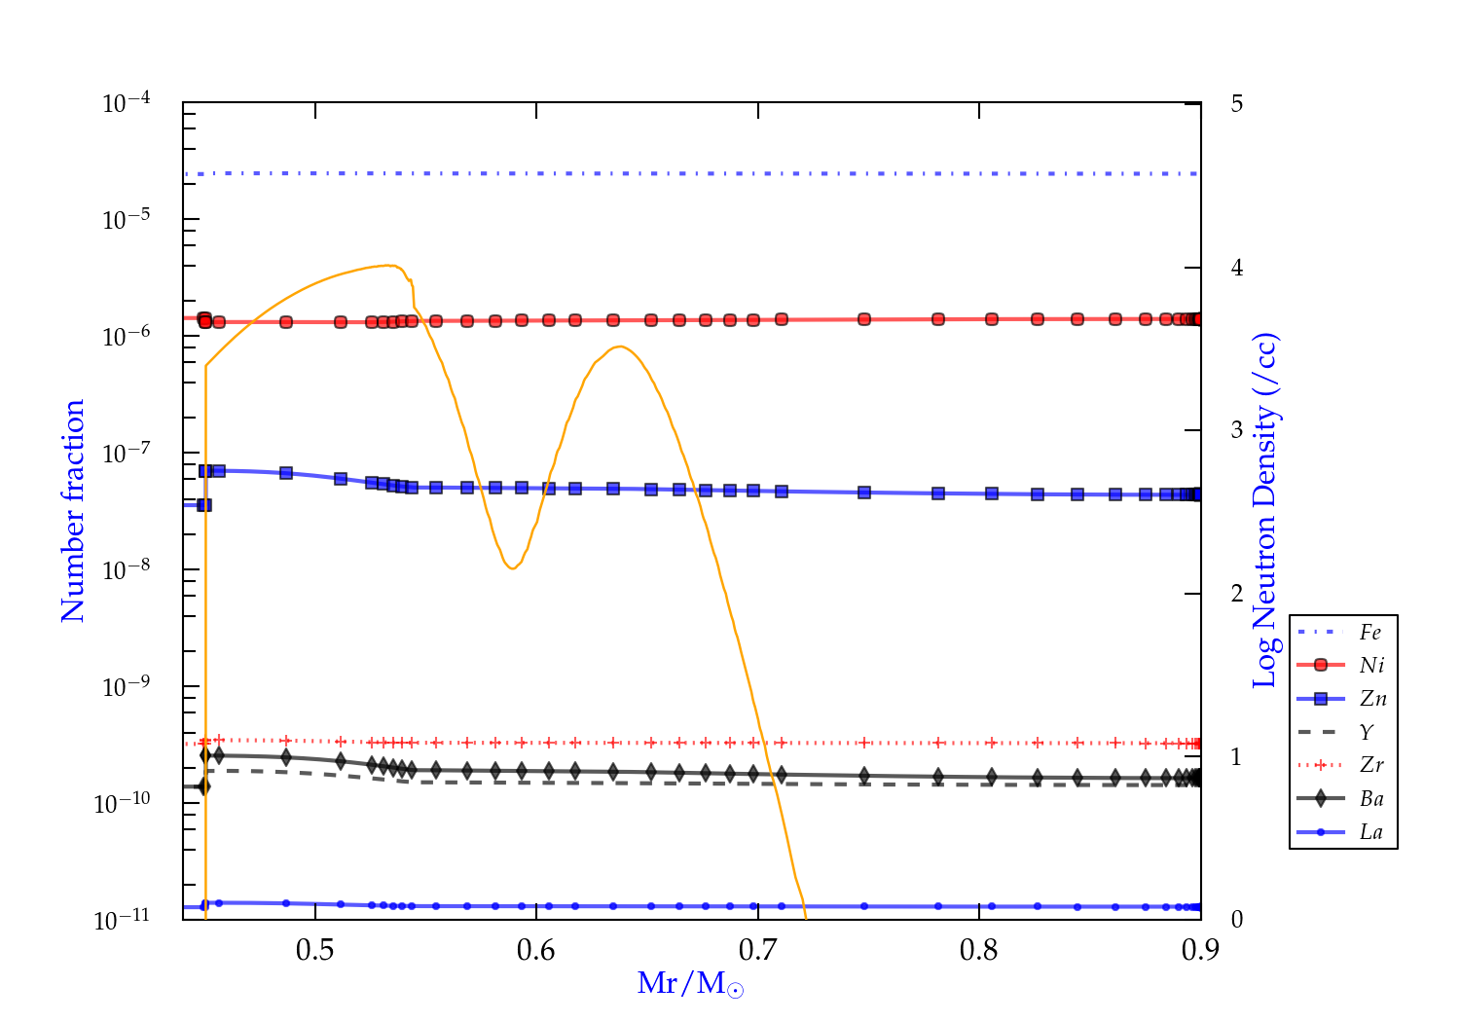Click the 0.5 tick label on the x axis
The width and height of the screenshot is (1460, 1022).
tap(314, 950)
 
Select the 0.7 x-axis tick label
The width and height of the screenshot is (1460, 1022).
tap(757, 950)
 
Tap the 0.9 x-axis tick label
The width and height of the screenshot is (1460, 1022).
tap(1200, 950)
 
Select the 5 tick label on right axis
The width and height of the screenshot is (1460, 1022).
tap(1237, 103)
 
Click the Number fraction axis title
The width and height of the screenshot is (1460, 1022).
tap(74, 511)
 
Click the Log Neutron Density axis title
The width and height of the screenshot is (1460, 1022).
tap(1265, 511)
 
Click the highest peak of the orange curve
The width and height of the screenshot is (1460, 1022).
tap(389, 265)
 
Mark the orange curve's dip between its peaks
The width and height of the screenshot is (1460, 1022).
tap(512, 568)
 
